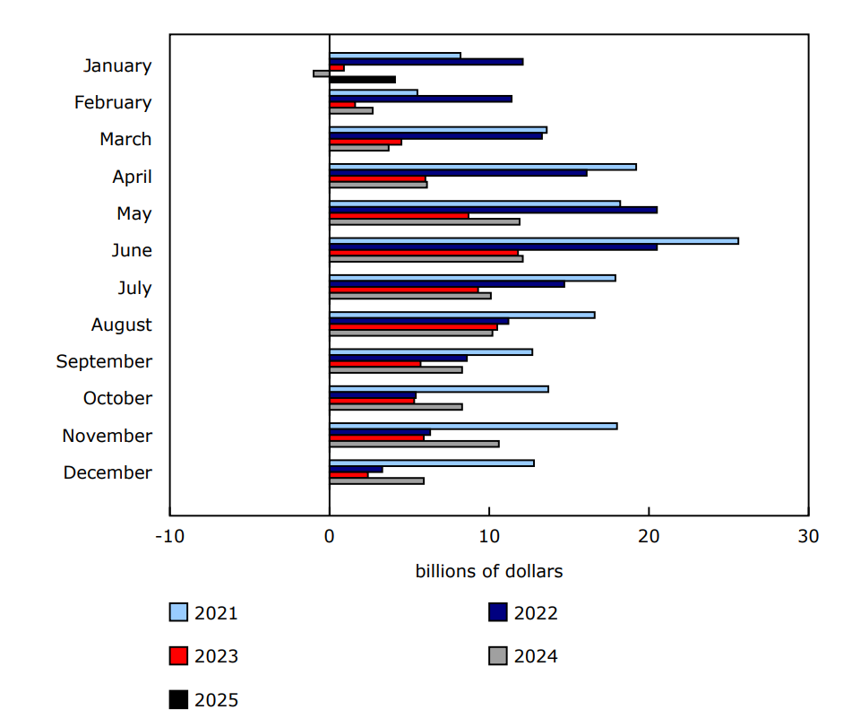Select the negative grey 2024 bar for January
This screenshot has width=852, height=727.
pyautogui.click(x=322, y=74)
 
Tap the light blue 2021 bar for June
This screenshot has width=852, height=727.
pyautogui.click(x=534, y=241)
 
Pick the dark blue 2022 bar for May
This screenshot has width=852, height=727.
pyautogui.click(x=493, y=210)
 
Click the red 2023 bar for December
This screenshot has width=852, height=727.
pyautogui.click(x=349, y=475)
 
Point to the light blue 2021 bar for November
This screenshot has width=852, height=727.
pyautogui.click(x=473, y=426)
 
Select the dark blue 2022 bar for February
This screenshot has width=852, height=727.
pyautogui.click(x=420, y=99)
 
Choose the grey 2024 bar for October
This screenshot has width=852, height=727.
pyautogui.click(x=396, y=407)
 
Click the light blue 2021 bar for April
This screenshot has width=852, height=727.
pyautogui.click(x=483, y=167)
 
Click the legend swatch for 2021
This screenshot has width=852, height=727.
pyautogui.click(x=178, y=613)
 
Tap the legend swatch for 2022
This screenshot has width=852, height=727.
pyautogui.click(x=498, y=613)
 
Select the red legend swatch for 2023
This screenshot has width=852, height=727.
pyautogui.click(x=178, y=656)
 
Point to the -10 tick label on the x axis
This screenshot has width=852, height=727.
pyautogui.click(x=169, y=536)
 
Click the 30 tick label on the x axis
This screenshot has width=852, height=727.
pyautogui.click(x=808, y=536)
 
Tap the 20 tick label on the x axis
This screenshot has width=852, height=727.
pyautogui.click(x=649, y=536)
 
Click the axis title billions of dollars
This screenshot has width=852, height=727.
pyautogui.click(x=489, y=571)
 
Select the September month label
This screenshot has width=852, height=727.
pyautogui.click(x=104, y=361)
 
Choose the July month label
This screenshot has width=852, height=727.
pyautogui.click(x=134, y=288)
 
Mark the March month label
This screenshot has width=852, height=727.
pyautogui.click(x=125, y=139)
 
